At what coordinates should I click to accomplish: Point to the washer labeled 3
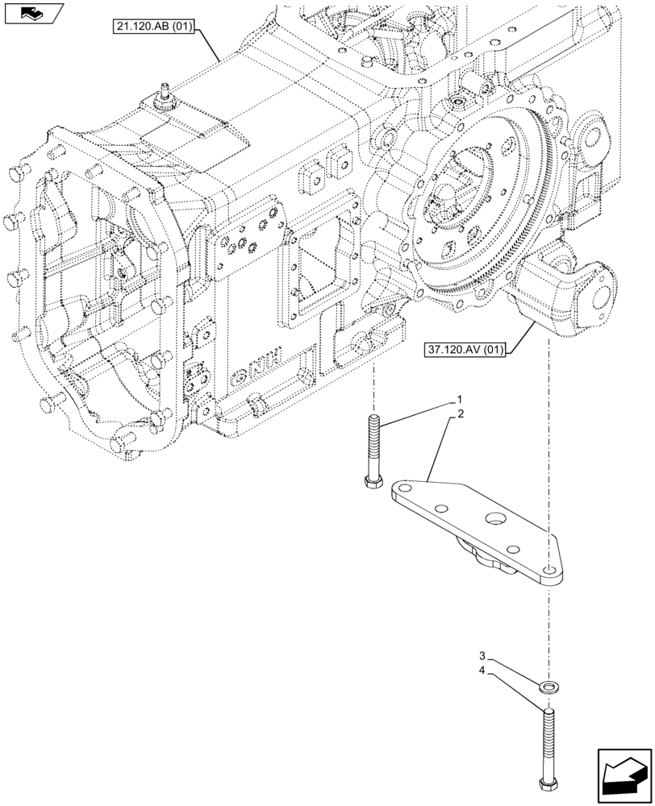click(550, 686)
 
